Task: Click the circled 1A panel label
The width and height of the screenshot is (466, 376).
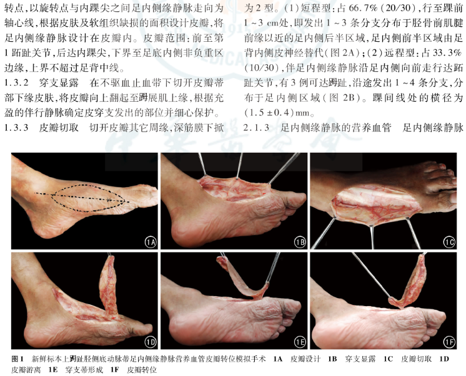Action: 151,243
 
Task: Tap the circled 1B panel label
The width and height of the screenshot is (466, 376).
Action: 300,243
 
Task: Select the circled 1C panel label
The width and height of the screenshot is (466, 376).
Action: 449,243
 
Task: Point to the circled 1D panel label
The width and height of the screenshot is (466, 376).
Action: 151,342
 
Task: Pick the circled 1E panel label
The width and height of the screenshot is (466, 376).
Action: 300,342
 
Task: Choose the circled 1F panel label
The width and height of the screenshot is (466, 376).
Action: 449,342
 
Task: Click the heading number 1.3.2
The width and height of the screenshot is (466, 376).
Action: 16,83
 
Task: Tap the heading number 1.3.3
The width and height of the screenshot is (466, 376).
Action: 16,128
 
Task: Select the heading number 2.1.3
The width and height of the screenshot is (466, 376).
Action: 257,128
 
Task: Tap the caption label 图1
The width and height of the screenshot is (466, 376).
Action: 17,359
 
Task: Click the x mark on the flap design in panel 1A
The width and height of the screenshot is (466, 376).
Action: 109,200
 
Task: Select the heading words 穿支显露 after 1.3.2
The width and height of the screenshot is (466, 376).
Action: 59,83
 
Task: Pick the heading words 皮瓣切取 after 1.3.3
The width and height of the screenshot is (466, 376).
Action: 59,128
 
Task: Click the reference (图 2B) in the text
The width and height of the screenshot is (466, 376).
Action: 344,98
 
